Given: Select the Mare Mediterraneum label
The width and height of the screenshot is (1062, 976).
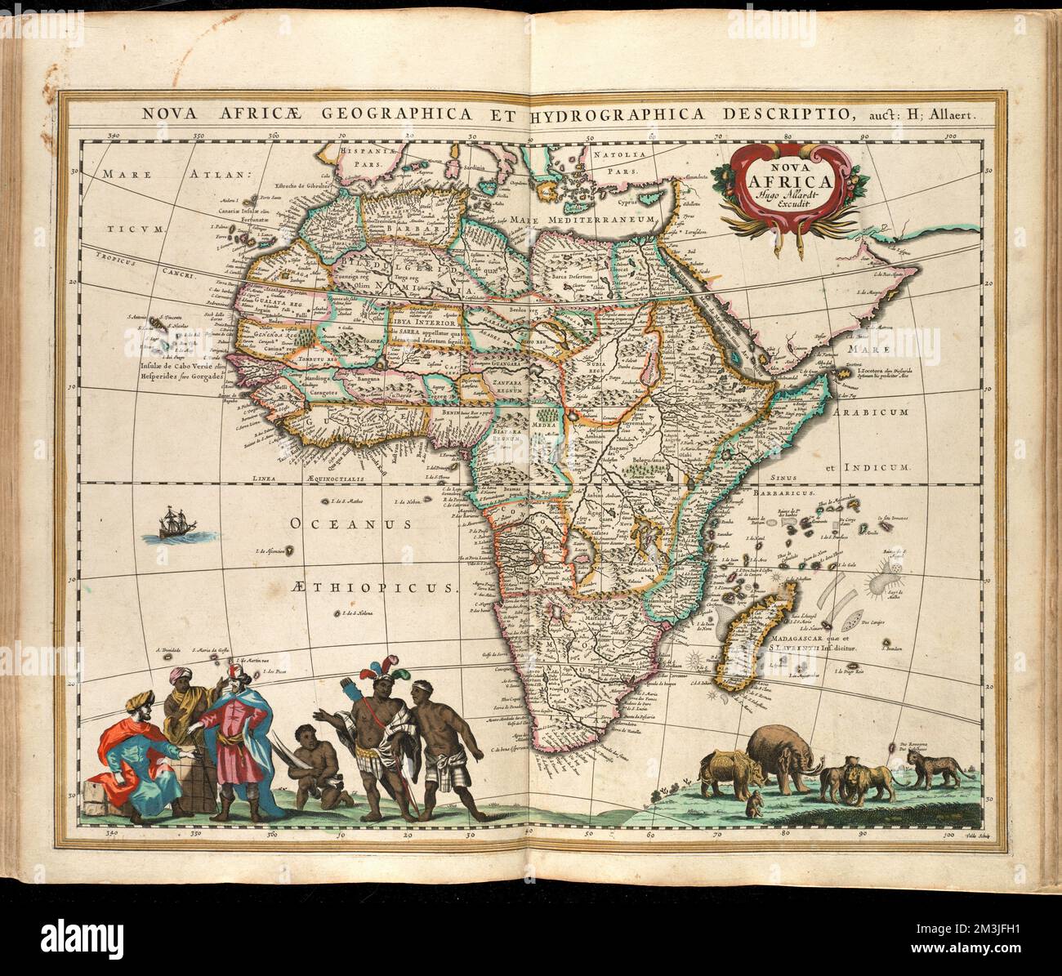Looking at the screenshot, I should (584, 220).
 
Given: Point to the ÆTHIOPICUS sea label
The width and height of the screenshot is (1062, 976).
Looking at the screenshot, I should (373, 586).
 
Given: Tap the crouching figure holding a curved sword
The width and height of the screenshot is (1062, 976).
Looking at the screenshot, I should (312, 761).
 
